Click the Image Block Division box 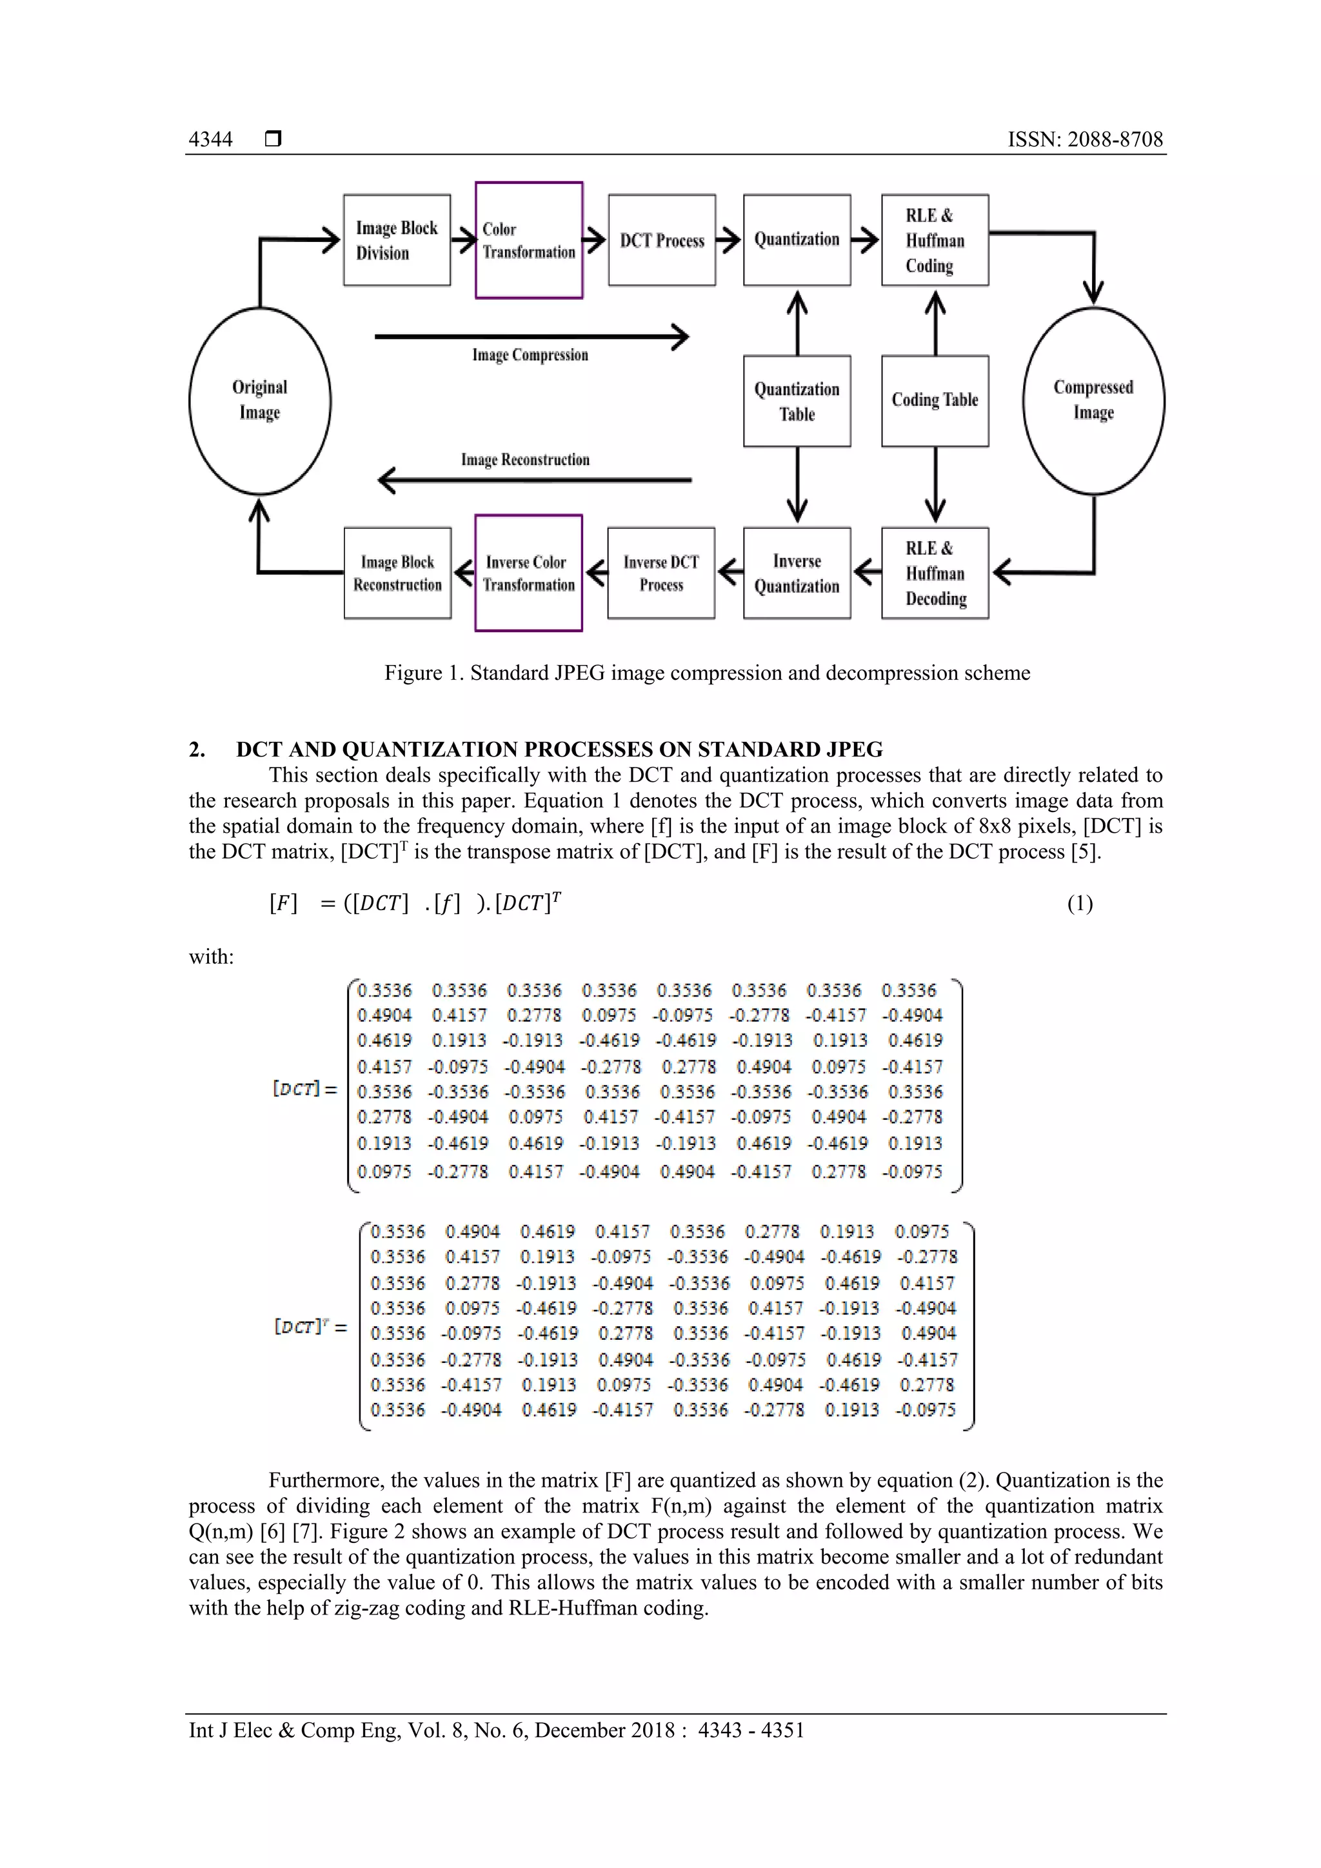point(397,240)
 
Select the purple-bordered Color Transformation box point(529,240)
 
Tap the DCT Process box point(661,240)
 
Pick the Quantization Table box point(797,401)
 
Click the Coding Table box point(935,401)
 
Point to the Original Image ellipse point(259,401)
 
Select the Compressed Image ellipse point(1093,401)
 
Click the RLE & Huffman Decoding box point(935,573)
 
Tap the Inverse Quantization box point(797,573)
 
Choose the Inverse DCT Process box point(660,573)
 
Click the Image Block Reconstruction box point(397,573)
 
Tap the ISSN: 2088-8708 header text point(1085,139)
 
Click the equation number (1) point(1079,904)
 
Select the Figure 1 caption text point(707,673)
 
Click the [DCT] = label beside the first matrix point(304,1089)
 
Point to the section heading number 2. point(197,750)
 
